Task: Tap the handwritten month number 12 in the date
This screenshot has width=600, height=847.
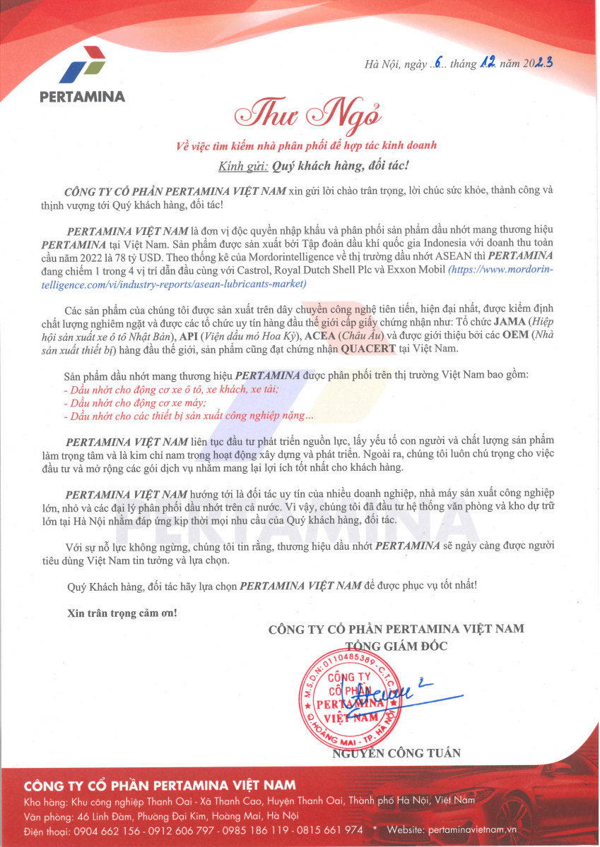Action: click(x=487, y=63)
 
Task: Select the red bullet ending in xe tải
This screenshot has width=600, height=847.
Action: click(x=171, y=390)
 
